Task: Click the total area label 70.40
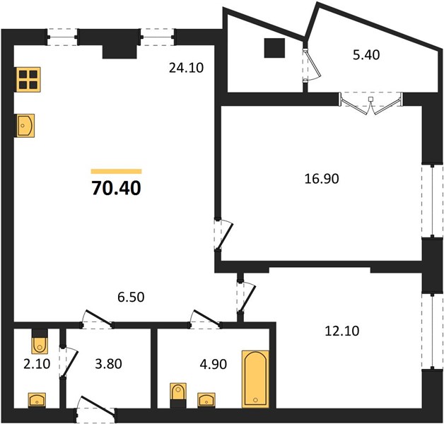point(116,188)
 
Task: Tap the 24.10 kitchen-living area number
point(186,68)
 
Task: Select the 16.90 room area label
point(322,179)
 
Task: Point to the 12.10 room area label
point(341,331)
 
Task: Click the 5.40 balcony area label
point(366,55)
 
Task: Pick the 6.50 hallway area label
point(131,298)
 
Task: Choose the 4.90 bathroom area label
point(214,364)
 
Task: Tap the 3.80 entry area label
point(108,364)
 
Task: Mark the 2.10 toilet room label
point(37,364)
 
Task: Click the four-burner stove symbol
point(28,80)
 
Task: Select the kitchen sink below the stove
point(25,126)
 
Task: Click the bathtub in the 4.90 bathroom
point(255,379)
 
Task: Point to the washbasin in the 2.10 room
point(37,400)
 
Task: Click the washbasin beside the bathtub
point(206,400)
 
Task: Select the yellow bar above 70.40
point(116,171)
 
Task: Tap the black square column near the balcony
point(274,48)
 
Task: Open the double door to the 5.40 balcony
point(371,103)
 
